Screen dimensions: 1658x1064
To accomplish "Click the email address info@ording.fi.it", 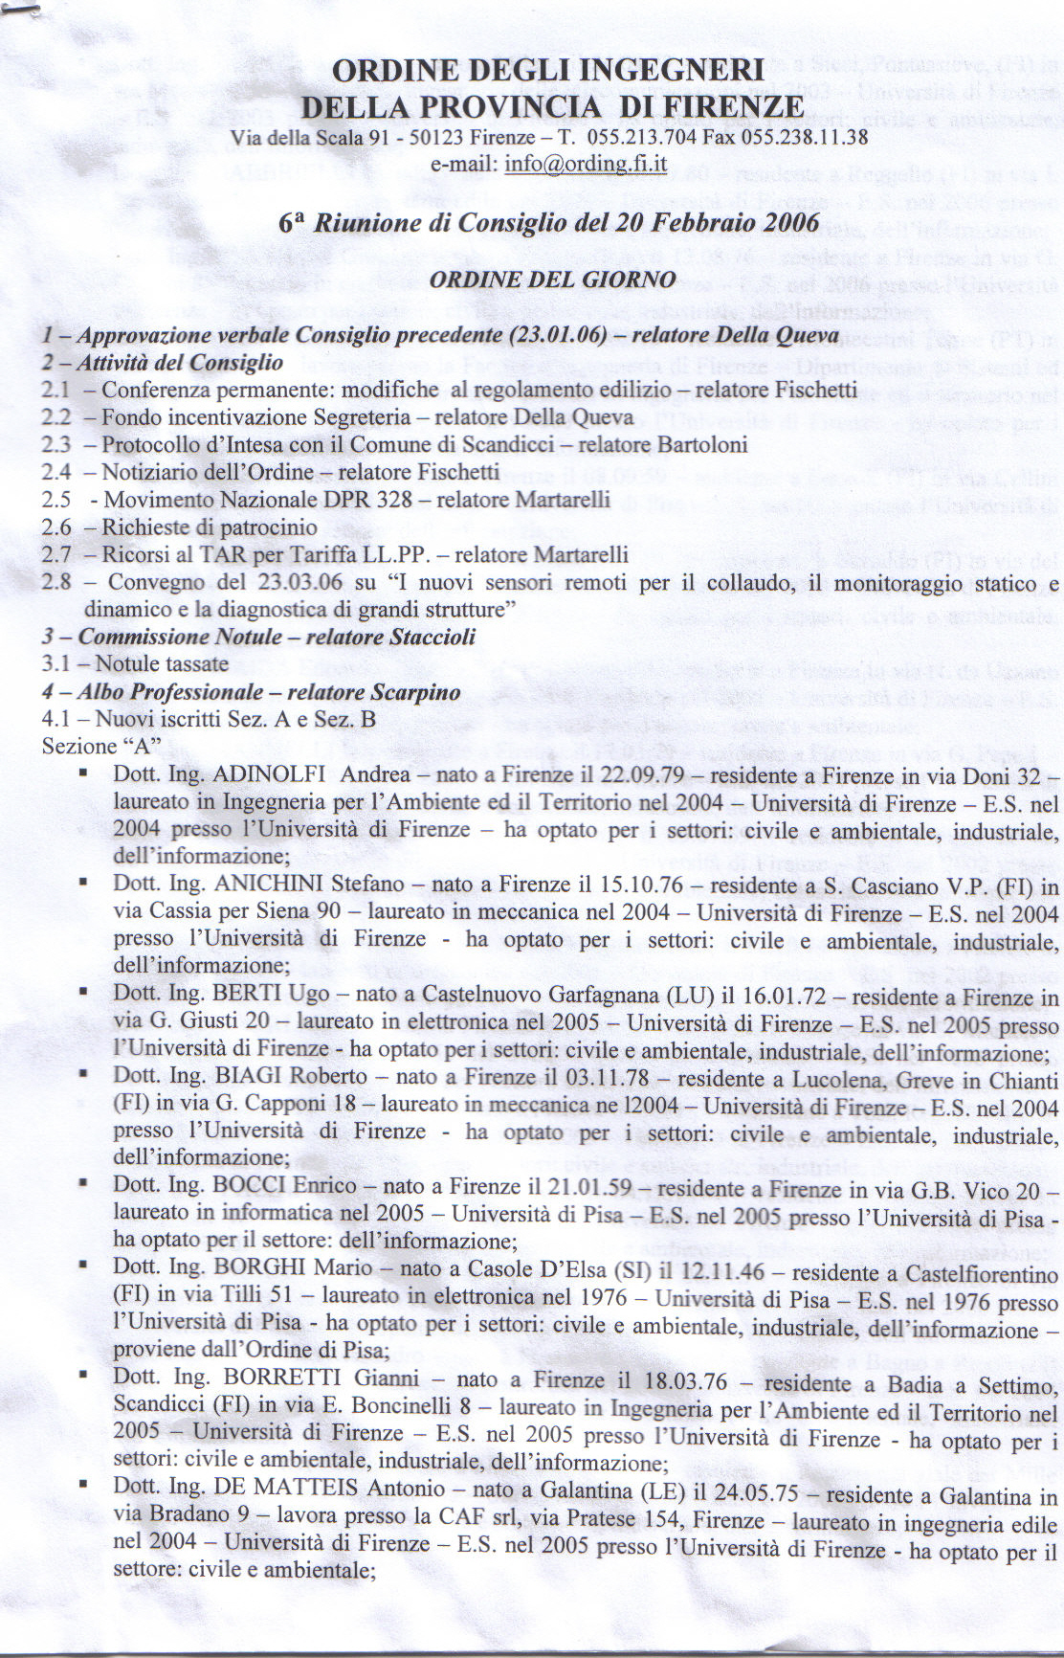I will pyautogui.click(x=586, y=163).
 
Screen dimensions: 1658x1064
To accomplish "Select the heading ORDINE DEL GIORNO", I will pyautogui.click(x=552, y=280).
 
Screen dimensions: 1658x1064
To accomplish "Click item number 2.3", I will pyautogui.click(x=56, y=445).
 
